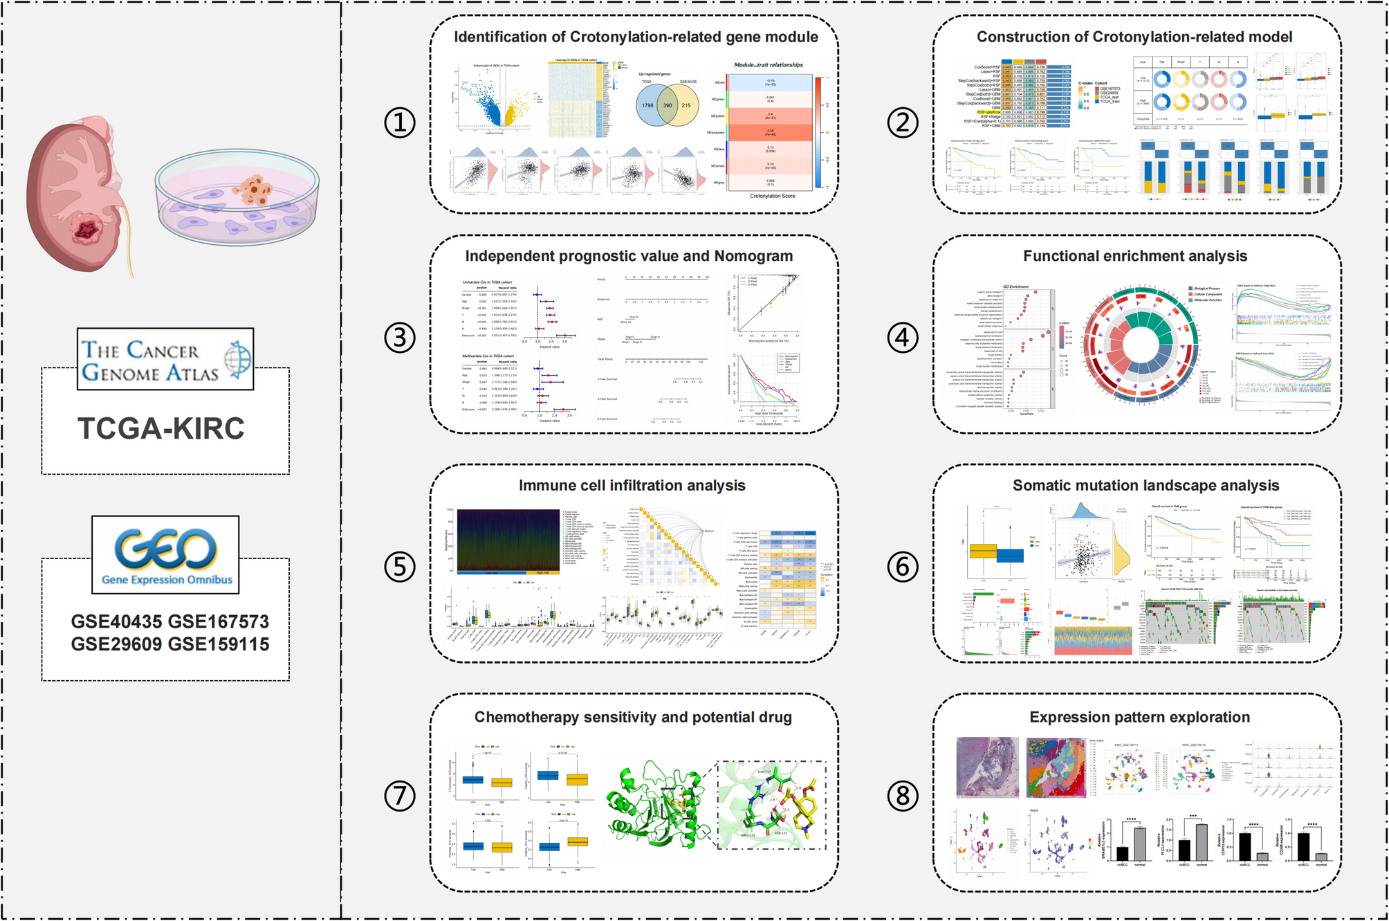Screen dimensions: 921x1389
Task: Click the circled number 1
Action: pos(400,123)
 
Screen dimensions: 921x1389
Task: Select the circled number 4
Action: pos(903,338)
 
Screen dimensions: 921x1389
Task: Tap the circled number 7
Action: pos(400,796)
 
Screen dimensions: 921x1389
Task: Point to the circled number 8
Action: pos(903,796)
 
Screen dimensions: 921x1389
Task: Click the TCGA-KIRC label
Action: pos(160,428)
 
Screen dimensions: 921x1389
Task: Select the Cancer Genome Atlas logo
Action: pos(165,359)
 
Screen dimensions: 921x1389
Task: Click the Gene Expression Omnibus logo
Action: pos(165,554)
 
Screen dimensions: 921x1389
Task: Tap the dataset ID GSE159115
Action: pos(219,644)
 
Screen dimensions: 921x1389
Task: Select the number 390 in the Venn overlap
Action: pos(668,106)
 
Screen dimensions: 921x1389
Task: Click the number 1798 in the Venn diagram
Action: pos(647,106)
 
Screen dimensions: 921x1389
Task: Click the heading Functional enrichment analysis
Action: pos(1135,256)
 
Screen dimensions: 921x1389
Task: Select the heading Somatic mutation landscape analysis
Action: pos(1146,486)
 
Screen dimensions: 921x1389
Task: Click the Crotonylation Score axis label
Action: pos(773,197)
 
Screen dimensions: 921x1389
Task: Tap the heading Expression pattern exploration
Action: pos(1139,718)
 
